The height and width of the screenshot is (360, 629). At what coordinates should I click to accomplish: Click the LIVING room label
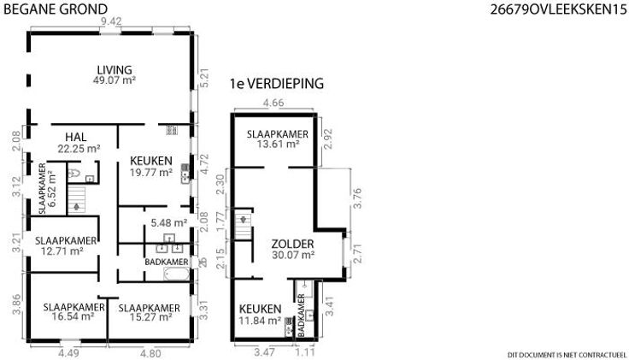115,70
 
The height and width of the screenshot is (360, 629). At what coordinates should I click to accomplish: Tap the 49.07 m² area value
115,80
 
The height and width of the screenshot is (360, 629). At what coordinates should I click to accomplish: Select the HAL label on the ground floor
76,138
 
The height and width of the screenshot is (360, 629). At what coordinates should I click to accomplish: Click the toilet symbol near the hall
74,173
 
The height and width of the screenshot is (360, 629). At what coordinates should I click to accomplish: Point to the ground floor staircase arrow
76,207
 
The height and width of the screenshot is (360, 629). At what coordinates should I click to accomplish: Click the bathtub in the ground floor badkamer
177,274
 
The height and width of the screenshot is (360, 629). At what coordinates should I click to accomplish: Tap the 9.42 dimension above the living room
111,21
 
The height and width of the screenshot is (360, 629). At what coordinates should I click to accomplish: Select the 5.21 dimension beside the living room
204,79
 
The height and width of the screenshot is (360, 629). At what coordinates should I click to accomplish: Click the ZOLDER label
292,244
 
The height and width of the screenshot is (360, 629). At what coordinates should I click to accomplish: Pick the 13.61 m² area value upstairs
278,144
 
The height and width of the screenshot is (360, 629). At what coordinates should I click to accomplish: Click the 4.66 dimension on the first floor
273,103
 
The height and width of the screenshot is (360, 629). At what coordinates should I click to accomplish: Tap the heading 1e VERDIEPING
277,84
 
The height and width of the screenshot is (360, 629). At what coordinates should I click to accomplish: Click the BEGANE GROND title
56,9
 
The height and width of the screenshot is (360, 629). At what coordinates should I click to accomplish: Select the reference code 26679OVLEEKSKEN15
558,9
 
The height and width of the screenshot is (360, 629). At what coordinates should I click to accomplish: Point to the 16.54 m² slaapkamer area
73,316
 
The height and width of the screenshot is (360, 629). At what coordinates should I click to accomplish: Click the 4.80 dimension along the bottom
150,353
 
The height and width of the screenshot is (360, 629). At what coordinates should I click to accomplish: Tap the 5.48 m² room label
169,222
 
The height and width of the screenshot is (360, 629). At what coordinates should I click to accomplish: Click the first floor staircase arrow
243,220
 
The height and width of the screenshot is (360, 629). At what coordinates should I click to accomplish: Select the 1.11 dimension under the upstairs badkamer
305,352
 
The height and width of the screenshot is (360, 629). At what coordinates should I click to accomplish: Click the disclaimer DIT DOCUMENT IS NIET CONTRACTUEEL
567,355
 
